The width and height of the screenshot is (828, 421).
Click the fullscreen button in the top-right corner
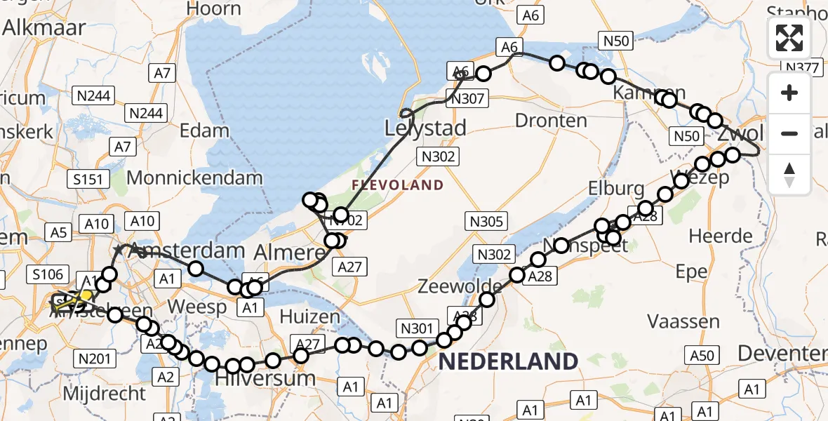click(789, 38)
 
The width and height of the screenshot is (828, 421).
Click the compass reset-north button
click(789, 175)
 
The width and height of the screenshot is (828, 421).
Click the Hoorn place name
click(215, 8)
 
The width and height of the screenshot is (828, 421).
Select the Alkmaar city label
click(44, 27)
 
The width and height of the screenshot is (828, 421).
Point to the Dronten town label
click(551, 120)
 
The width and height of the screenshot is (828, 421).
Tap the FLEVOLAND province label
click(398, 185)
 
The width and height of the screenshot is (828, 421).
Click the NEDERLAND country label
click(509, 361)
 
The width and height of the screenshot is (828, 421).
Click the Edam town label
click(204, 130)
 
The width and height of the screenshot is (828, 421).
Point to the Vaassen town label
click(683, 322)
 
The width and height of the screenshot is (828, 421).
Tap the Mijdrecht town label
click(104, 393)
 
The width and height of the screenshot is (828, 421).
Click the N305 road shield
click(486, 222)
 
